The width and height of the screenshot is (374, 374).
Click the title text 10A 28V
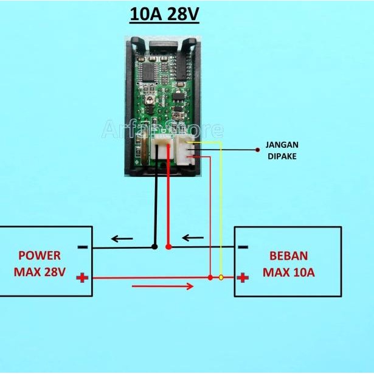(164, 15)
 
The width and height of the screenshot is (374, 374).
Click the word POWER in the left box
(40, 255)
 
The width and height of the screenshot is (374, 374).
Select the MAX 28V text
(40, 272)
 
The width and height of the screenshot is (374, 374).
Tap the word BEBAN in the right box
(288, 255)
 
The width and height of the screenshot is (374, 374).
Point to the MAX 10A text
(288, 272)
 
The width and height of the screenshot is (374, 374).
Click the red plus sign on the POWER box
(82, 278)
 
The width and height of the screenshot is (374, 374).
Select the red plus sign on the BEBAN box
(243, 278)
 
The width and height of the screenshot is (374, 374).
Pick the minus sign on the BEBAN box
(243, 247)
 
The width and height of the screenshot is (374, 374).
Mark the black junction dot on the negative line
(154, 247)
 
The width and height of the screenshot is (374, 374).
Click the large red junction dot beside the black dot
(168, 247)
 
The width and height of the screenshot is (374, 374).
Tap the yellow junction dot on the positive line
(221, 278)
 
